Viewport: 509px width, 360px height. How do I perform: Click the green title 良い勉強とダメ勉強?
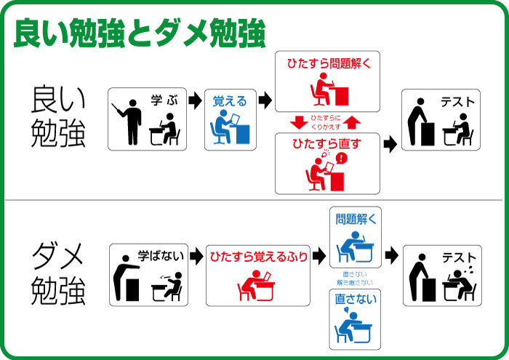140,33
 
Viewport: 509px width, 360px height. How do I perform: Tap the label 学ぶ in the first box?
164,100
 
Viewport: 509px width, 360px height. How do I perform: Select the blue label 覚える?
230,101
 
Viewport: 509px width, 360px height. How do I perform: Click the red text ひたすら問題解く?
329,63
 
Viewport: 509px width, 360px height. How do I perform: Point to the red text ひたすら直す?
327,143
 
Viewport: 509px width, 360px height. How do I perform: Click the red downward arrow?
299,122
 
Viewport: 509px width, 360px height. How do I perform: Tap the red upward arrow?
352,122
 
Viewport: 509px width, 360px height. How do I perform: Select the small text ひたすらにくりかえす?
326,122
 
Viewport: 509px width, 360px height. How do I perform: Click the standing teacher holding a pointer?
128,121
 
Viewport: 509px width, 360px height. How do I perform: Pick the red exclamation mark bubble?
342,159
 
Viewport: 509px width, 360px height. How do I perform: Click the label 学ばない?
161,256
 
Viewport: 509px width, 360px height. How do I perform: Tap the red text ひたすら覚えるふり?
259,257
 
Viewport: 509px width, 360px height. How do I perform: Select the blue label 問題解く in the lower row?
356,220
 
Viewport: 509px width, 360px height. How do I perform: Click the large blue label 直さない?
356,299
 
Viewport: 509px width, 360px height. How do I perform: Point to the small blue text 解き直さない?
355,283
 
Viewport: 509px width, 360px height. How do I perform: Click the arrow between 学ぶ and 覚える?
196,100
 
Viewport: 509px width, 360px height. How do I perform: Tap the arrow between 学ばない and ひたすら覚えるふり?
197,257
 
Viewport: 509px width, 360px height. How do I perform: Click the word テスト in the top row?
457,103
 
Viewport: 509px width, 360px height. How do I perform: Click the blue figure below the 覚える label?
230,127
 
